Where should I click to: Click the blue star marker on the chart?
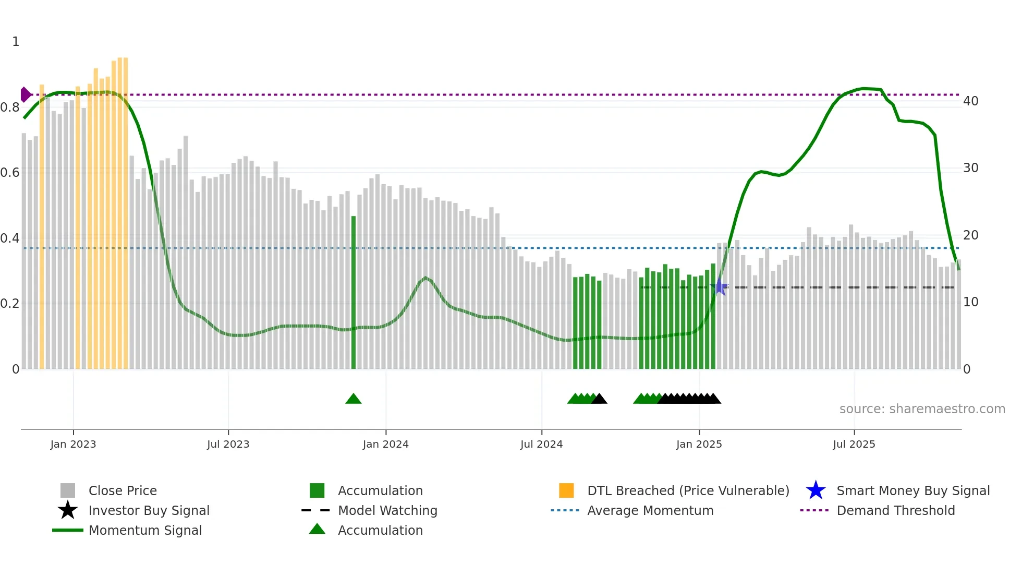(720, 286)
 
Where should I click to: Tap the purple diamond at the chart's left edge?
(25, 94)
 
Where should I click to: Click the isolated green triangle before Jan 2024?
(354, 399)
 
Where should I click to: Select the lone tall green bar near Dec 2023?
(354, 292)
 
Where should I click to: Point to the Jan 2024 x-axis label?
(385, 444)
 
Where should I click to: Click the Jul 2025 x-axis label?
(854, 444)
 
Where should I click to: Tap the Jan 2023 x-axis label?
(73, 444)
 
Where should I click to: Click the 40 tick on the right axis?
(970, 101)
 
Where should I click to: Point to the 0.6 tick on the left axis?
(10, 172)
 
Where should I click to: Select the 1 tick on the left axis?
(16, 41)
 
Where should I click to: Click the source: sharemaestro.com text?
(922, 409)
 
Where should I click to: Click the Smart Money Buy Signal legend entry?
(913, 490)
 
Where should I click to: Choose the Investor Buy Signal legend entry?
(149, 510)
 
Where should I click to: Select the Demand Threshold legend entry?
(895, 510)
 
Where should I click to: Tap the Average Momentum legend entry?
(650, 510)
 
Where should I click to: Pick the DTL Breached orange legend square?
(566, 490)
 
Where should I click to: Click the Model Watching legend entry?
(387, 510)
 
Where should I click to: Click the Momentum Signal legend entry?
(145, 530)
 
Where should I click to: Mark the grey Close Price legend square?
(68, 490)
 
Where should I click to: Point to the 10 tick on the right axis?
(970, 302)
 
